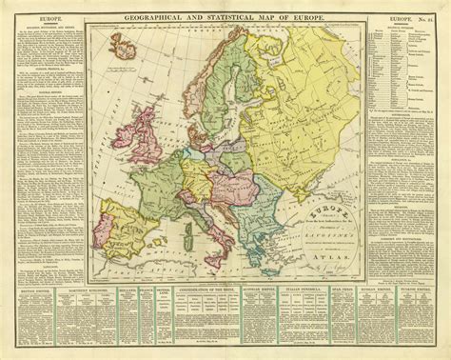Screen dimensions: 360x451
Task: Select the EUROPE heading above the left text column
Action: [x=38, y=16]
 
